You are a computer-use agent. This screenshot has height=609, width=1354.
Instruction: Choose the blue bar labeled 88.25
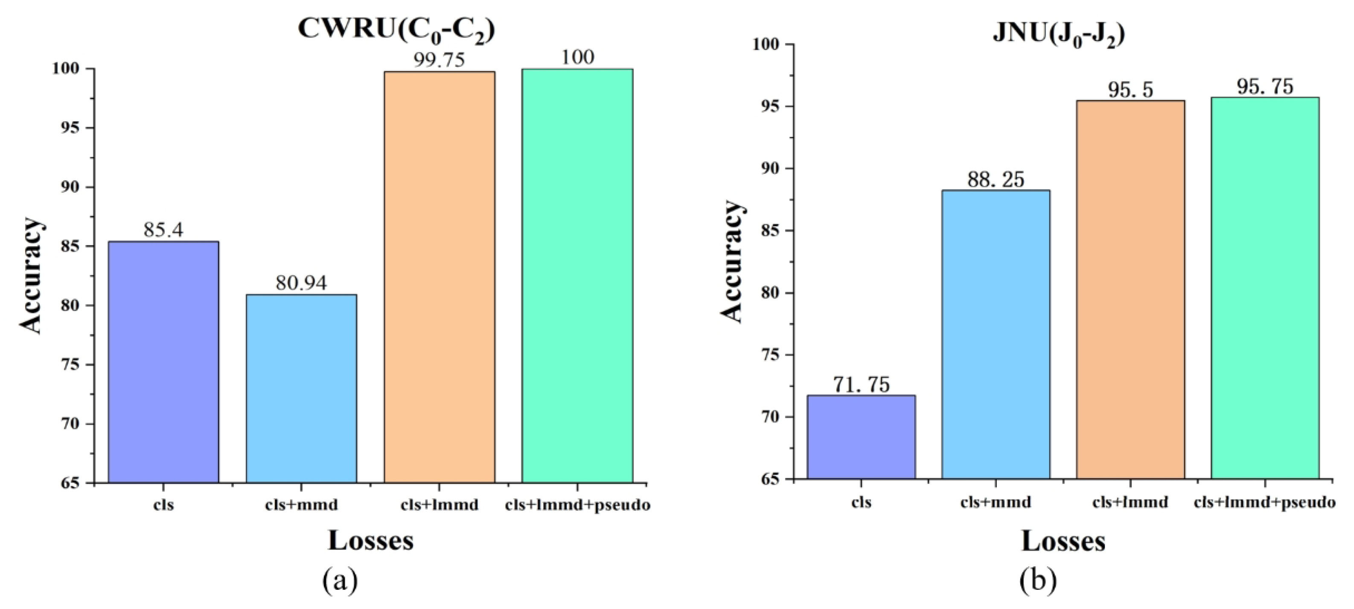click(996, 334)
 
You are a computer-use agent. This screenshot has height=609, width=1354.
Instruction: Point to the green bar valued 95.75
click(1265, 288)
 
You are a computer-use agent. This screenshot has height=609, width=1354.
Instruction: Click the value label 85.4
click(163, 230)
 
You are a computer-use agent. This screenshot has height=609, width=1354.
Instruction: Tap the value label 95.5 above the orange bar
click(1131, 90)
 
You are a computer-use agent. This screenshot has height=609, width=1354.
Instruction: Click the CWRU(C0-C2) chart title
click(396, 30)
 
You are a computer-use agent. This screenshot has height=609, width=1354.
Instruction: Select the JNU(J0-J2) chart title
click(1059, 35)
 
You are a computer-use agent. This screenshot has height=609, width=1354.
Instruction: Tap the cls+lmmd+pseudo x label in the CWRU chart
click(578, 505)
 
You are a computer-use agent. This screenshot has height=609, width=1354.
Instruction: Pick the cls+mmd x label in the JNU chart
click(996, 502)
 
